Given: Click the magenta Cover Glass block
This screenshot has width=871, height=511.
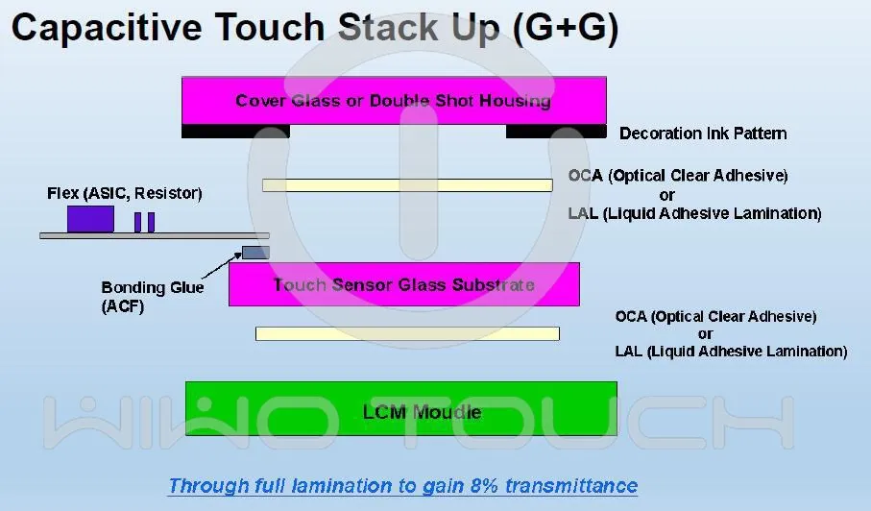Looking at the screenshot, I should (x=394, y=101).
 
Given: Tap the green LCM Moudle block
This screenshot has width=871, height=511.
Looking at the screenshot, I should (x=400, y=408).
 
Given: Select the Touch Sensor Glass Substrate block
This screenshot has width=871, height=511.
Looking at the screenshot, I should (x=403, y=284).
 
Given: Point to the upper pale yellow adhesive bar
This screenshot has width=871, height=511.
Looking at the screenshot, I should (x=407, y=184).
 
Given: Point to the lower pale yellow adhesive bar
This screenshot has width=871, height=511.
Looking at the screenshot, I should (x=407, y=333).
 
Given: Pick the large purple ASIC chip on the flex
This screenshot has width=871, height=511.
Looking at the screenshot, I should (x=90, y=219).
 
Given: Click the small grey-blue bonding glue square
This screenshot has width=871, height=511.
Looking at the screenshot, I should (x=255, y=252).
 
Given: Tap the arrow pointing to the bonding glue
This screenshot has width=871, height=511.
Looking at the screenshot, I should (x=221, y=264).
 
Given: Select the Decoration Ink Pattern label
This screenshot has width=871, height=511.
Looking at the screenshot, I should (x=703, y=134).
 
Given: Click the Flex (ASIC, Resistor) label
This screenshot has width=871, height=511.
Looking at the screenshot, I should (x=125, y=193).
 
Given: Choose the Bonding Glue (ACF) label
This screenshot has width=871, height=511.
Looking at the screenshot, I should (x=152, y=297).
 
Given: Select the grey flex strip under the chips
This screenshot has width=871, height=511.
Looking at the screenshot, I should (x=154, y=235).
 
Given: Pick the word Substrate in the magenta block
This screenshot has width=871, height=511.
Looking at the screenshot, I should (x=495, y=284).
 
